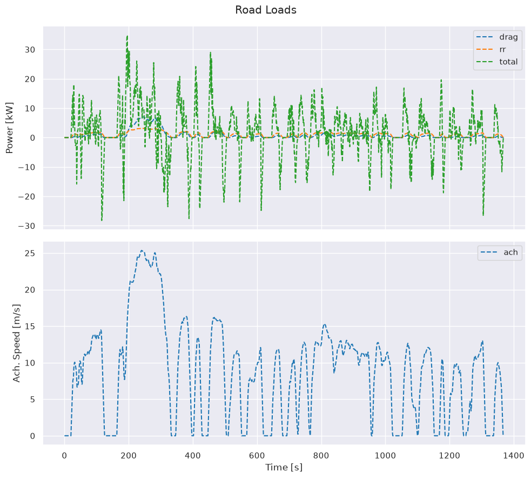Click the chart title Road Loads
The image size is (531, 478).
pyautogui.click(x=266, y=10)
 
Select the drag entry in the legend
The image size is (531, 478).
pyautogui.click(x=497, y=37)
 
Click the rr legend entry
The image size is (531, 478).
pyautogui.click(x=491, y=50)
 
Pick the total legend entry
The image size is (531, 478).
pyautogui.click(x=497, y=62)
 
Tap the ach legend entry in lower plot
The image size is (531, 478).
pyautogui.click(x=500, y=252)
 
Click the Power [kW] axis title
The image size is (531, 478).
pyautogui.click(x=10, y=128)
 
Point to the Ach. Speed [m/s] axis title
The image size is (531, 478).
pyautogui.click(x=16, y=343)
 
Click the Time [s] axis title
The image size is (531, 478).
pyautogui.click(x=284, y=467)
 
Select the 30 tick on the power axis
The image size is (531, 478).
pyautogui.click(x=30, y=50)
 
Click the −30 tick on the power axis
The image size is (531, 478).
pyautogui.click(x=27, y=226)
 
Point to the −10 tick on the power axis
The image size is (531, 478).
pyautogui.click(x=27, y=168)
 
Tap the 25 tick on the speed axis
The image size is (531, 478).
pyautogui.click(x=30, y=254)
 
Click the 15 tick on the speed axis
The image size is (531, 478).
pyautogui.click(x=30, y=327)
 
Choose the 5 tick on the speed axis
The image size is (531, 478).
pyautogui.click(x=32, y=400)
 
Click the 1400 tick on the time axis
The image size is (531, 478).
pyautogui.click(x=514, y=456)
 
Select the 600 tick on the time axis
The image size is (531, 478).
pyautogui.click(x=257, y=456)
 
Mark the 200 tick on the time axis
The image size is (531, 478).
pyautogui.click(x=129, y=456)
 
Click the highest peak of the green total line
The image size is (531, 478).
pyautogui.click(x=127, y=36)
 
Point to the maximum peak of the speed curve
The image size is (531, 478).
pyautogui.click(x=142, y=250)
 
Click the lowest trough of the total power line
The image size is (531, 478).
pyautogui.click(x=102, y=221)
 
